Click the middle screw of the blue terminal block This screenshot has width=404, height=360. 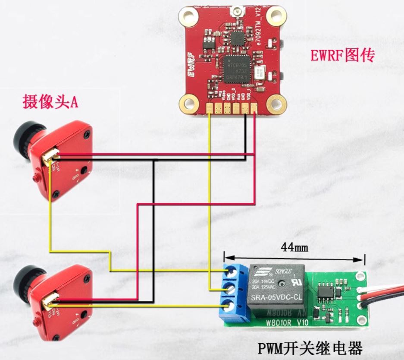tap(231, 289)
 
